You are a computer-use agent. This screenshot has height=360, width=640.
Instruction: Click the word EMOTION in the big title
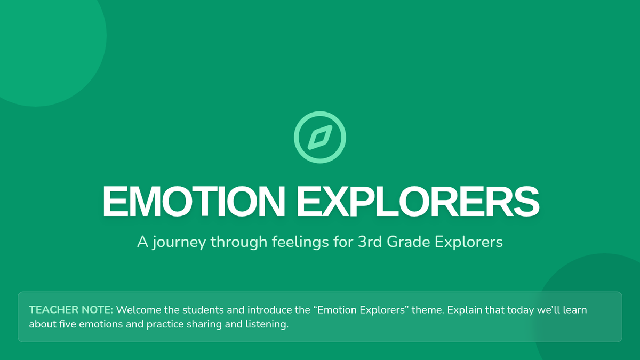pos(194,202)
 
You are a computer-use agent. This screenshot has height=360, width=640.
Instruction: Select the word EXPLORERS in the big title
pos(418,202)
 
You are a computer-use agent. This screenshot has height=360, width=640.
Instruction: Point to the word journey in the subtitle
pos(179,243)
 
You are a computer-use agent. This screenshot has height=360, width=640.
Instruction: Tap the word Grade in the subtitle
pos(409,242)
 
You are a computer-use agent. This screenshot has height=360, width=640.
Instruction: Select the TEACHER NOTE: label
pos(71,310)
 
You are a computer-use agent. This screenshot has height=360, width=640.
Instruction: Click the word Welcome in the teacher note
pos(139,310)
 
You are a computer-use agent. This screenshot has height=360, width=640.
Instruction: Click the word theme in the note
pos(428,310)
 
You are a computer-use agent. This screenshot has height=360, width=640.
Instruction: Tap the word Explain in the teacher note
pos(465,310)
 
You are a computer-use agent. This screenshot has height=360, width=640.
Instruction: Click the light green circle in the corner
pos(43,43)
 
